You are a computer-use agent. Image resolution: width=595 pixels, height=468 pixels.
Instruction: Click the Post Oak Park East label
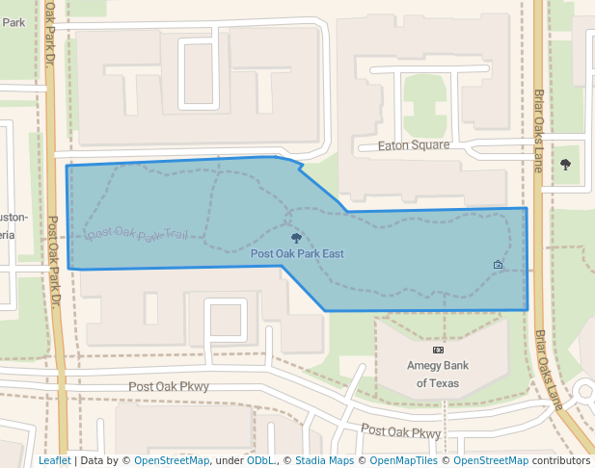pyautogui.click(x=297, y=254)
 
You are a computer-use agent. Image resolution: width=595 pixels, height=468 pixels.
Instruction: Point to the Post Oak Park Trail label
pyautogui.click(x=136, y=234)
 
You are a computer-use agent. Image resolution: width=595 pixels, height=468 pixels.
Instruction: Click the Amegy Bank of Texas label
pyautogui.click(x=438, y=374)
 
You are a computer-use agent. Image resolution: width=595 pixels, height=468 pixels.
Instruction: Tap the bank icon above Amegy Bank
pyautogui.click(x=438, y=350)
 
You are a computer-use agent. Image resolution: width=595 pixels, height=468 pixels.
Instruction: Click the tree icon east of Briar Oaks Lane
pyautogui.click(x=565, y=165)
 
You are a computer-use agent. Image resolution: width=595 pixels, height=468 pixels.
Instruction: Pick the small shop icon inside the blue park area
pyautogui.click(x=499, y=265)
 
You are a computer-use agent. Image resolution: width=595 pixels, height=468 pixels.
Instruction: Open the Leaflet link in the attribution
pyautogui.click(x=54, y=461)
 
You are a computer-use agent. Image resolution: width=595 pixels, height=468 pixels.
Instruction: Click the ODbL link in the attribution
pyautogui.click(x=260, y=461)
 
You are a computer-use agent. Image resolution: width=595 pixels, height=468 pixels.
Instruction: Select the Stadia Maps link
pyautogui.click(x=322, y=461)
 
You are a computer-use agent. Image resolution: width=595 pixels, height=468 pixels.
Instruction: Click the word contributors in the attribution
pyautogui.click(x=561, y=461)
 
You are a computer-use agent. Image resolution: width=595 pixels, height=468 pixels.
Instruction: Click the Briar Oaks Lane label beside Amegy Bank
pyautogui.click(x=547, y=371)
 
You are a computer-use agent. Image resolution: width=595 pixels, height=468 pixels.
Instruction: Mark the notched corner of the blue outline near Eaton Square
pyautogui.click(x=301, y=169)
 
